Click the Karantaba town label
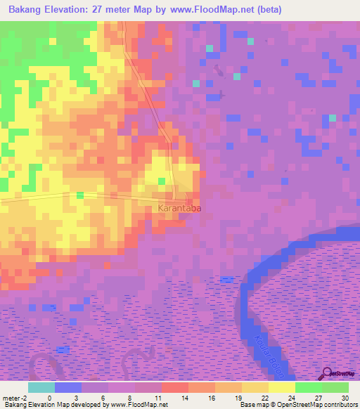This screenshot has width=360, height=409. coord(179,209)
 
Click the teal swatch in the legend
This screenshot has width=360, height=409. coord(41,387)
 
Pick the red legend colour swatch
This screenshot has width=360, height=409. coord(175,387)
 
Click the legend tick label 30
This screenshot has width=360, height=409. coord(345,398)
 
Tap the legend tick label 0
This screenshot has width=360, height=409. coord(49,398)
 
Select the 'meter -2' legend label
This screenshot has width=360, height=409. coord(14,398)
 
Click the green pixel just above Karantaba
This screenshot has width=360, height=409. coord(162,181)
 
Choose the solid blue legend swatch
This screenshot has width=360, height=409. coord(68,387)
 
